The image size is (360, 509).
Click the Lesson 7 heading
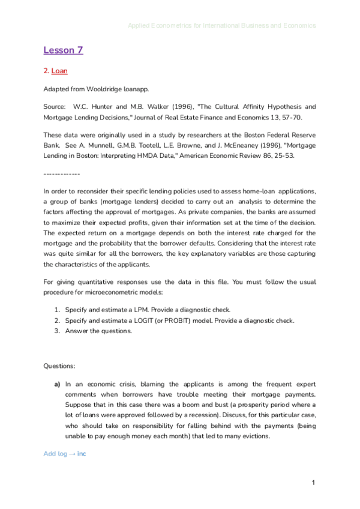click(63, 50)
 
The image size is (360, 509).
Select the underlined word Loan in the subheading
click(59, 71)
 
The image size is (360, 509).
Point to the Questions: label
click(59, 366)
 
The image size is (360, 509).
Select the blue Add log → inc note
click(65, 453)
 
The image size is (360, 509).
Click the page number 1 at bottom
click(313, 483)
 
